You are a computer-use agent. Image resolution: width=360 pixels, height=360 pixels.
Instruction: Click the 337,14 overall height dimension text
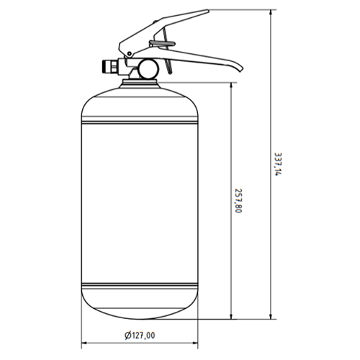coord(278,164)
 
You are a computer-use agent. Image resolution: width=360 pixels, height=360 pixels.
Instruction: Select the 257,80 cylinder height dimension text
coord(238,201)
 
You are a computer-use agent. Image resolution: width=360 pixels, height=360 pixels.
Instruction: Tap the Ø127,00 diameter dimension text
coord(140,336)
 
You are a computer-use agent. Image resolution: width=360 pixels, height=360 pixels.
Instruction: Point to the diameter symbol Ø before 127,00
coord(128,336)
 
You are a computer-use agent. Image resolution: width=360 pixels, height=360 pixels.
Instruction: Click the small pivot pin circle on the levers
coord(130,53)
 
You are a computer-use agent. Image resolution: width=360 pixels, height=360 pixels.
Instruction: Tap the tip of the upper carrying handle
coord(208,10)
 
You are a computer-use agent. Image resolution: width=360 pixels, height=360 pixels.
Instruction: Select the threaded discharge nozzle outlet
coord(109,66)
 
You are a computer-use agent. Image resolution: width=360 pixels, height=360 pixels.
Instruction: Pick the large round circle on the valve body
coord(149,69)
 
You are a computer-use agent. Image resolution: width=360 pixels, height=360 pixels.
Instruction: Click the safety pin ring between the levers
coord(162,44)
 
